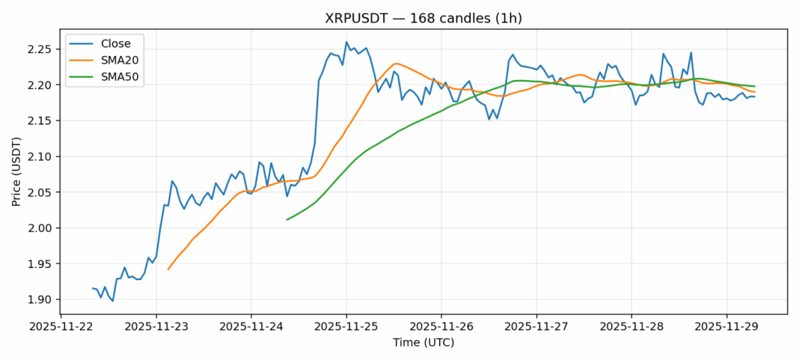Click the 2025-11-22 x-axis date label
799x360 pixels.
(x=61, y=327)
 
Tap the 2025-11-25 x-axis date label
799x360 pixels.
(x=346, y=327)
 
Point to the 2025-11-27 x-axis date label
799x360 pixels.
(x=536, y=327)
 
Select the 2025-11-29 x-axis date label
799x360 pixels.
(x=726, y=327)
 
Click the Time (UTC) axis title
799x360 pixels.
(x=423, y=343)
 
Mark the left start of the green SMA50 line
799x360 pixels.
(x=287, y=219)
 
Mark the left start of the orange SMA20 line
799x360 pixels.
(x=168, y=269)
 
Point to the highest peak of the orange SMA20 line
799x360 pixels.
(x=396, y=64)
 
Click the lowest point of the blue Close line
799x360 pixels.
(x=112, y=301)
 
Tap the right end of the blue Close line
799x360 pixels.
(x=754, y=97)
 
